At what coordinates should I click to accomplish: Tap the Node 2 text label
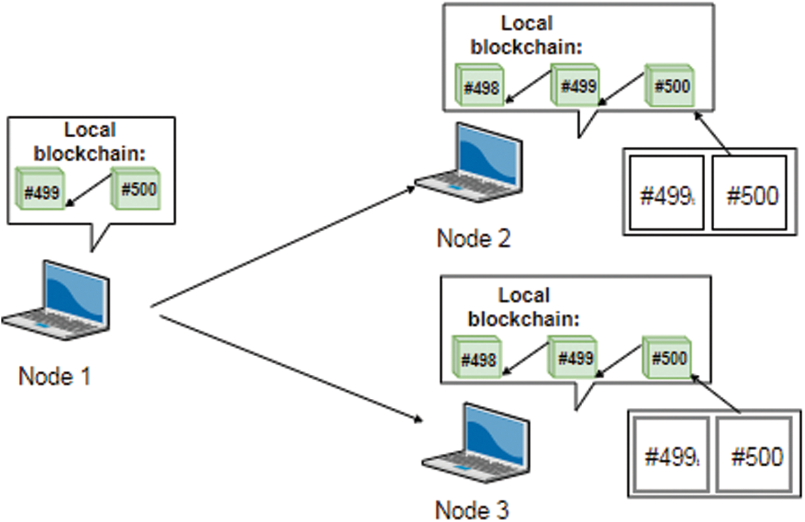click(x=473, y=238)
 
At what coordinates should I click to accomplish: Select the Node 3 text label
click(x=472, y=509)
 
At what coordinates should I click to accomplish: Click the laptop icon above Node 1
click(x=57, y=300)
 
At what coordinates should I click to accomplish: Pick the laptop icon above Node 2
click(x=469, y=163)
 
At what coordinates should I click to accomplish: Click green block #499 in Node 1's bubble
click(x=41, y=192)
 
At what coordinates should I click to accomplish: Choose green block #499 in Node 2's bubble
click(x=575, y=85)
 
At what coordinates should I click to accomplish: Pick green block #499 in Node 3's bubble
click(x=572, y=357)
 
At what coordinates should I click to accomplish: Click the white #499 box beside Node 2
click(x=667, y=193)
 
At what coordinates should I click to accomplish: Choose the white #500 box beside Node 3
click(x=754, y=456)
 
